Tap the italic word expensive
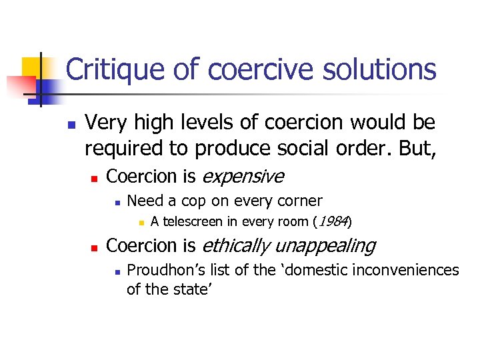coord(243,176)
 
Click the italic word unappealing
coord(325,246)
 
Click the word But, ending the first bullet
coord(415,149)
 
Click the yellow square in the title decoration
coord(33,67)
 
